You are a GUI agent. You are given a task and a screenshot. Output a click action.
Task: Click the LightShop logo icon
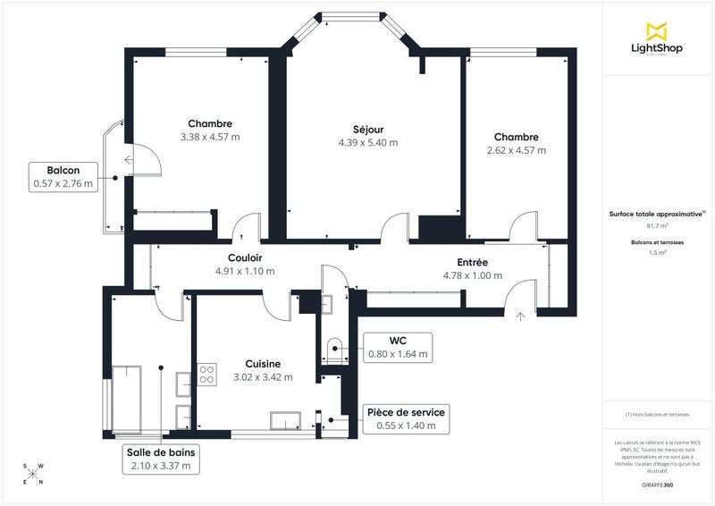[657, 30]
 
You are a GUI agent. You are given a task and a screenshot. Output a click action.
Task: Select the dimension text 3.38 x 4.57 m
[210, 138]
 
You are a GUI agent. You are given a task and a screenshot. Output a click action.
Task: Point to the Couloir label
[244, 258]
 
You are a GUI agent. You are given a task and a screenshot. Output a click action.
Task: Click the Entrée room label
[472, 262]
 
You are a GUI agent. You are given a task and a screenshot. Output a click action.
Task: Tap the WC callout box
[398, 347]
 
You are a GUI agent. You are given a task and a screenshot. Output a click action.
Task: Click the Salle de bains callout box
[162, 459]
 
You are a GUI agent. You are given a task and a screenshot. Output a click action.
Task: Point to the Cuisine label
[264, 364]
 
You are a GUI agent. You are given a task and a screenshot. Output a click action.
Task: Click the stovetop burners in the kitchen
[206, 374]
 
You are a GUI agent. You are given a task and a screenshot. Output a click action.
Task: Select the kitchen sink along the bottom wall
[287, 419]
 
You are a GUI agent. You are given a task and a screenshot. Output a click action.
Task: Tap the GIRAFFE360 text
[657, 483]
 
